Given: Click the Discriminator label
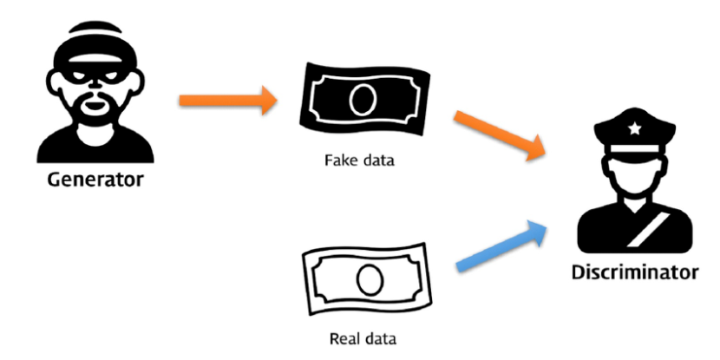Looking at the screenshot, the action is (x=634, y=272).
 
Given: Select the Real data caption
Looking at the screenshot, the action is (x=358, y=337).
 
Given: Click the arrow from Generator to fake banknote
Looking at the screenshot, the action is (x=228, y=101).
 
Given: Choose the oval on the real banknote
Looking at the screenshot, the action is (x=368, y=277).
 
